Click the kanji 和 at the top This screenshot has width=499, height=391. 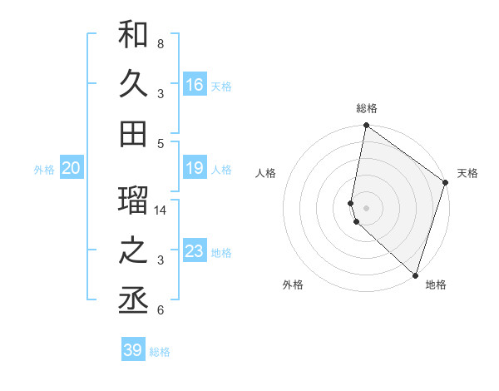(x=133, y=35)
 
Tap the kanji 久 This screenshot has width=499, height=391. (x=133, y=84)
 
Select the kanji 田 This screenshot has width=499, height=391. (x=133, y=133)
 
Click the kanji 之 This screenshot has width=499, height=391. (x=133, y=251)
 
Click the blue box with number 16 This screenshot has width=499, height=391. (x=195, y=85)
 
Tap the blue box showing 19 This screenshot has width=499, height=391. (x=195, y=169)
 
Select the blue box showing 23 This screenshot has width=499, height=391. (x=195, y=252)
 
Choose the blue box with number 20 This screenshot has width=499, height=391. (x=72, y=169)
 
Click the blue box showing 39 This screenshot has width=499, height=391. (x=133, y=350)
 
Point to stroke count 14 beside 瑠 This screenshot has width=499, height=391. (x=161, y=210)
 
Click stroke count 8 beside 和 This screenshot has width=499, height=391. (x=160, y=43)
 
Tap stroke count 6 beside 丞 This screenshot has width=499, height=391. (x=160, y=310)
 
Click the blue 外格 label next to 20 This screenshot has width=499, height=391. (x=44, y=170)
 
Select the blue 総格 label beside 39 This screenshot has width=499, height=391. (x=160, y=352)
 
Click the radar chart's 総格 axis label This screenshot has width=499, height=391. (x=367, y=109)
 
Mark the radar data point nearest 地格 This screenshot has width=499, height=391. (x=415, y=275)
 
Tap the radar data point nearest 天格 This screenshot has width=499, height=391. (x=446, y=184)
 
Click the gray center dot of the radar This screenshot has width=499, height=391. (x=367, y=207)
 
